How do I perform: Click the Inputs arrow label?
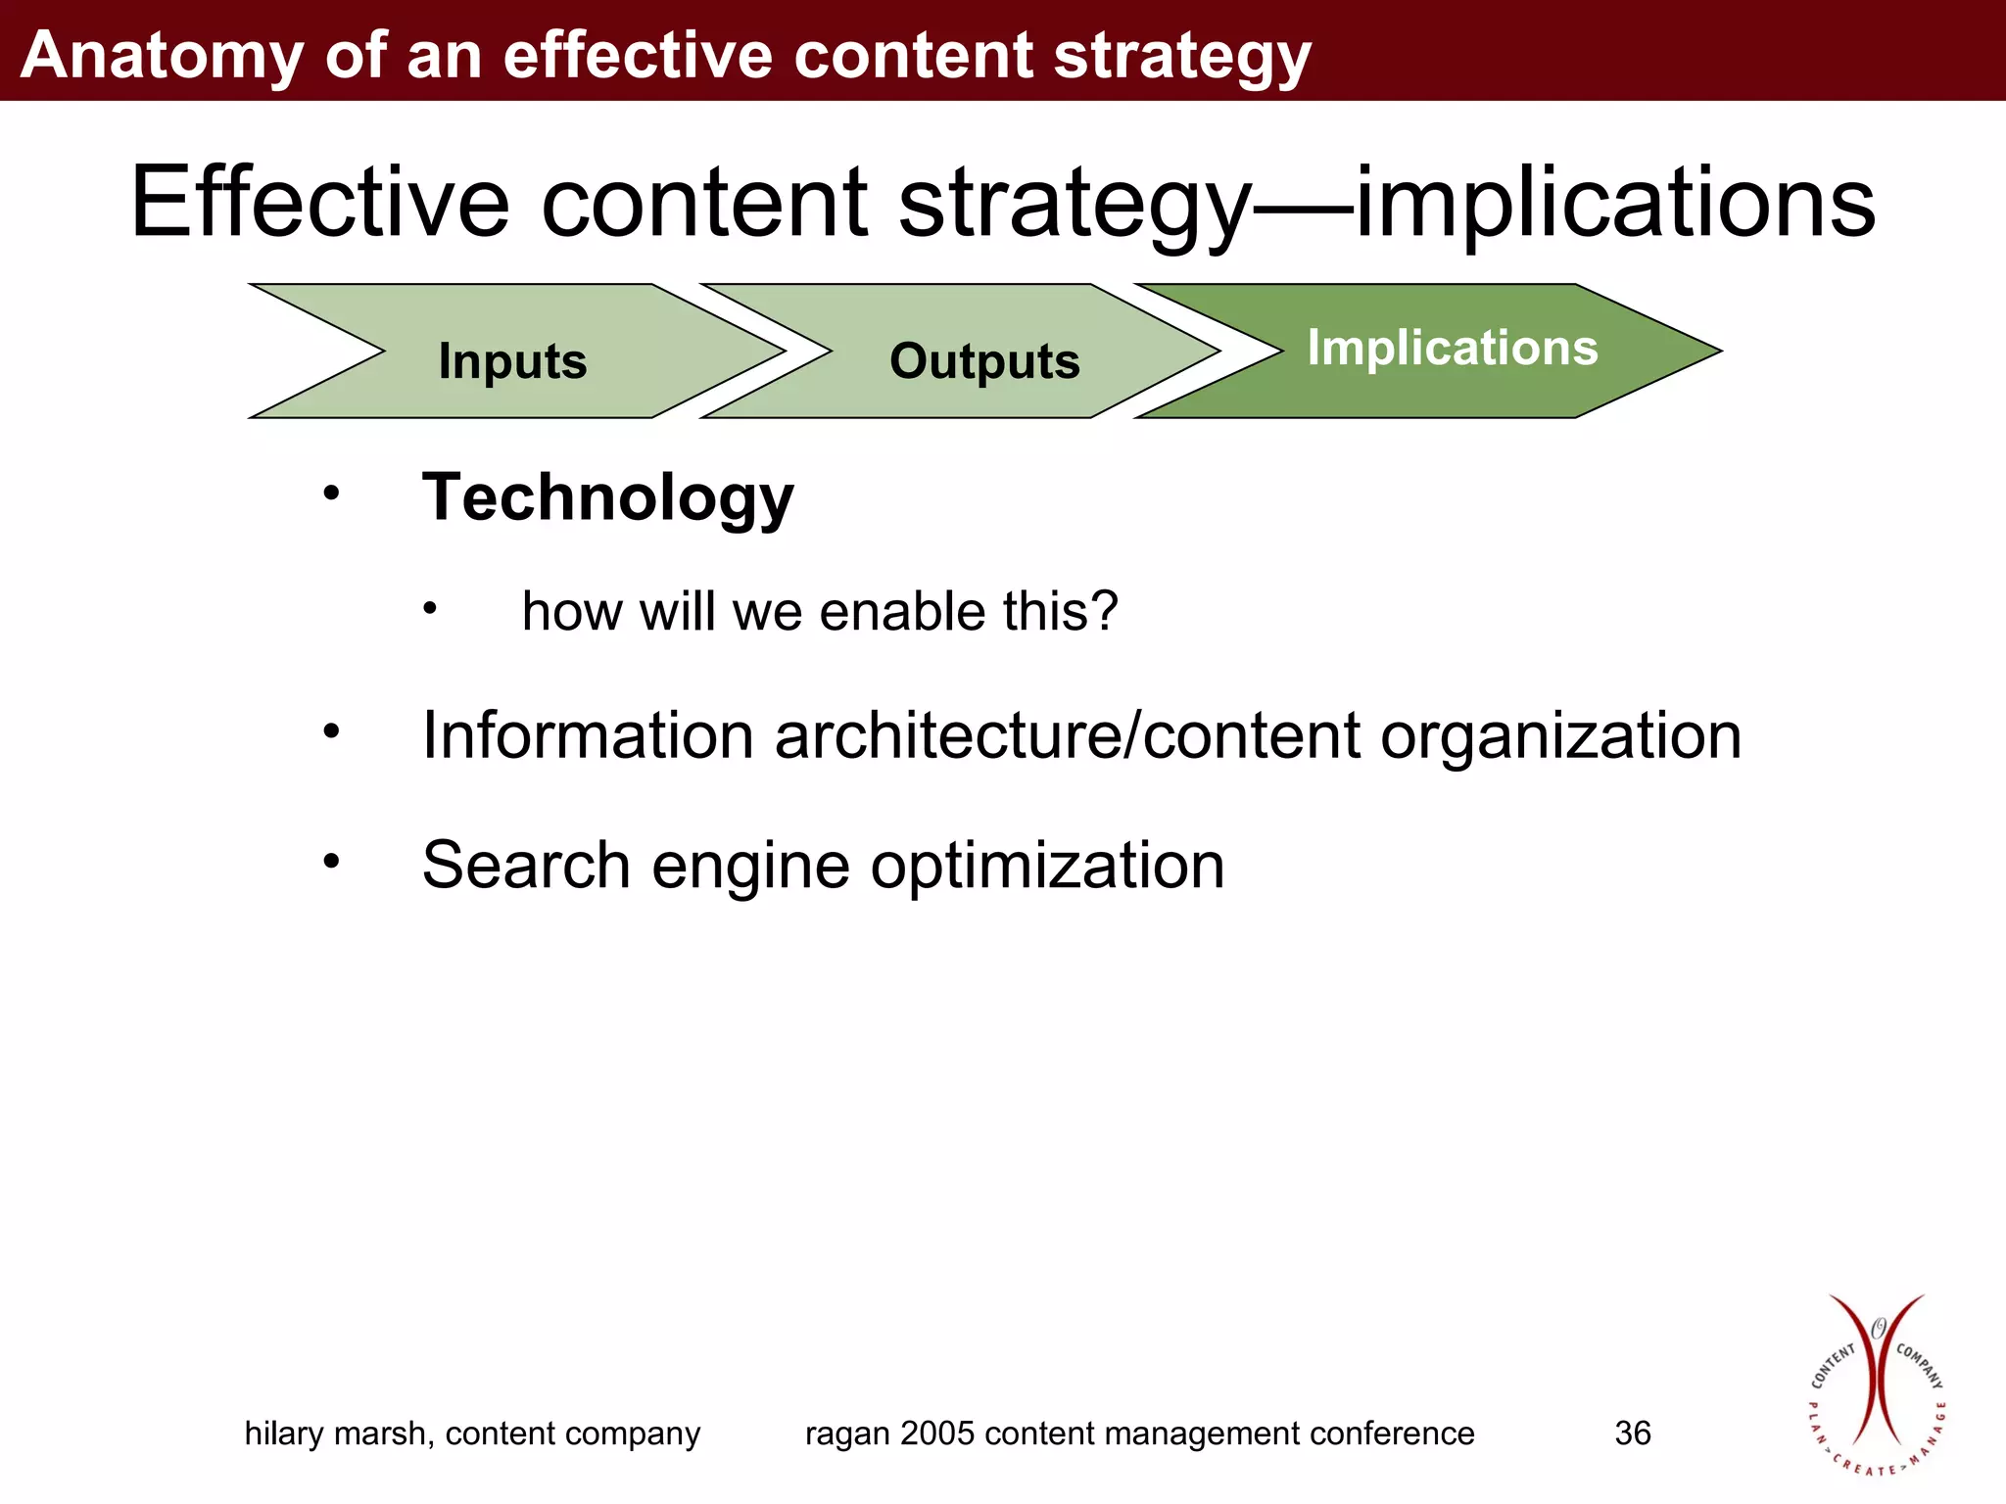click(512, 361)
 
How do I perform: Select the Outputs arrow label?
click(984, 361)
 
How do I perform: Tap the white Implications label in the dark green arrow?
click(1452, 348)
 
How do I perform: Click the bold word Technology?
click(607, 498)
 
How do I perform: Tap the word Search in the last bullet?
click(526, 866)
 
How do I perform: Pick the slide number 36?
click(1632, 1433)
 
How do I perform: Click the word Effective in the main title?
click(319, 203)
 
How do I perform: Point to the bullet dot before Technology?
click(332, 493)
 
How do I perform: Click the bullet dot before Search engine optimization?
click(332, 861)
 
